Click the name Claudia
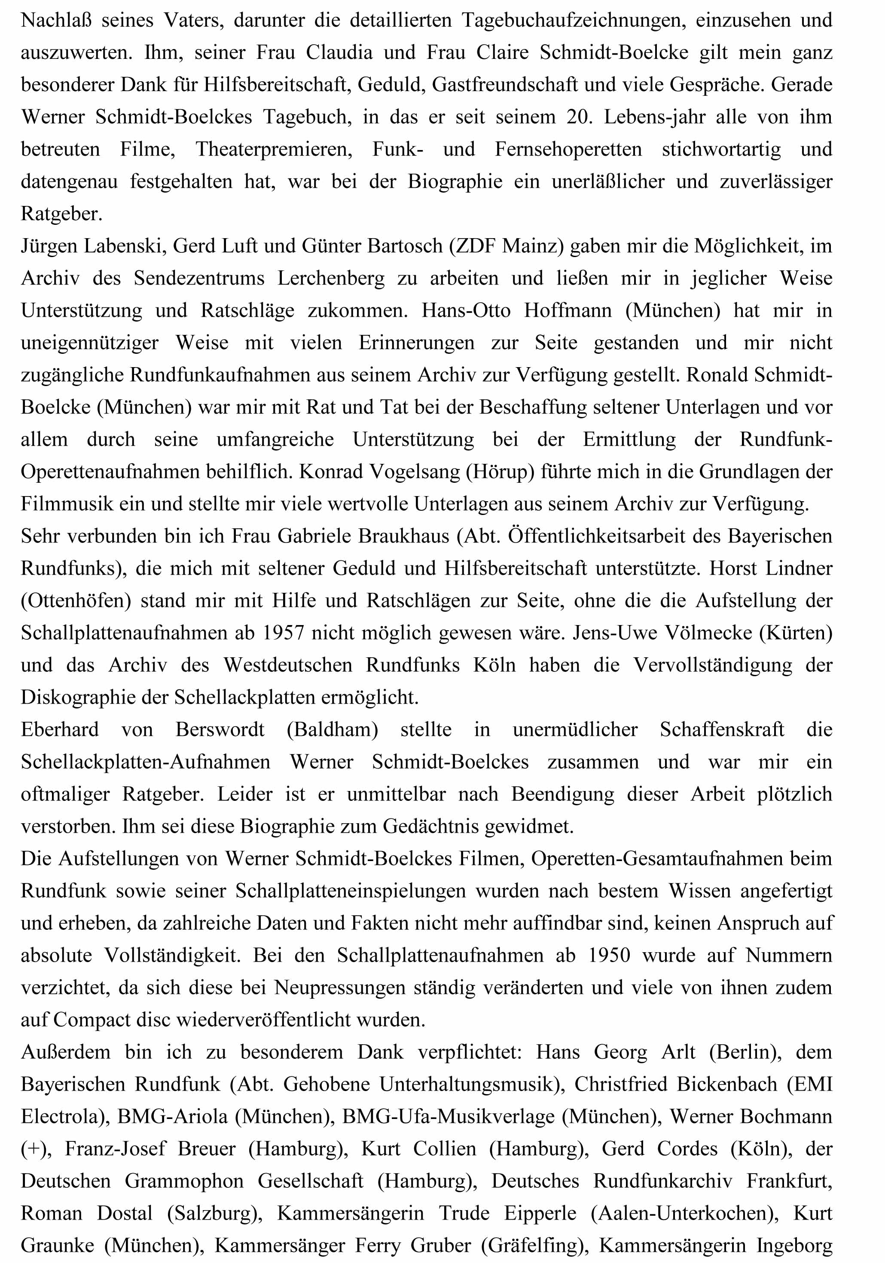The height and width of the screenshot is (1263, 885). pyautogui.click(x=339, y=53)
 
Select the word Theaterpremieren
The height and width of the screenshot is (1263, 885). pyautogui.click(x=274, y=149)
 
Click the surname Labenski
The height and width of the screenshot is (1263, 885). pyautogui.click(x=125, y=246)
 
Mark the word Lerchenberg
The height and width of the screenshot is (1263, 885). pyautogui.click(x=331, y=278)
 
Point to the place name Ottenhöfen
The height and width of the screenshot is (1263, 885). pyautogui.click(x=76, y=601)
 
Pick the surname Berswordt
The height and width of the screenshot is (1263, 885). pyautogui.click(x=220, y=730)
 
